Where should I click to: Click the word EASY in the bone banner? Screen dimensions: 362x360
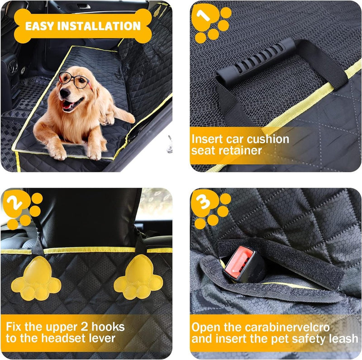coord(39,26)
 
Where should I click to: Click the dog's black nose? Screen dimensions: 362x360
coord(65,92)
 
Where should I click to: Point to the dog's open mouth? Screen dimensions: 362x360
coord(71,105)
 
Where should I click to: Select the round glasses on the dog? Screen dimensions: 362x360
coord(73,80)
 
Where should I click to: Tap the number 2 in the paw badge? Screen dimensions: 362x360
coord(14,204)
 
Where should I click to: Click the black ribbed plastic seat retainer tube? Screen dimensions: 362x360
coord(256,61)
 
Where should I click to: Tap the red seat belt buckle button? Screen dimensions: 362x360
coord(239,260)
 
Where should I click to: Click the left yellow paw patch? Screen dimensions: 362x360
coord(36,279)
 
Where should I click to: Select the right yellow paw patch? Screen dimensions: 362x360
coord(138,278)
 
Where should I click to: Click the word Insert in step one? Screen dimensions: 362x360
coord(207,139)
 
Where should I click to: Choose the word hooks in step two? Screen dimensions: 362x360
coord(108,327)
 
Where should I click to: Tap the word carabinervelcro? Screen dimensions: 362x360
coord(287,327)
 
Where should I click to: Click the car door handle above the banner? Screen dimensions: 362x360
coord(84,6)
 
